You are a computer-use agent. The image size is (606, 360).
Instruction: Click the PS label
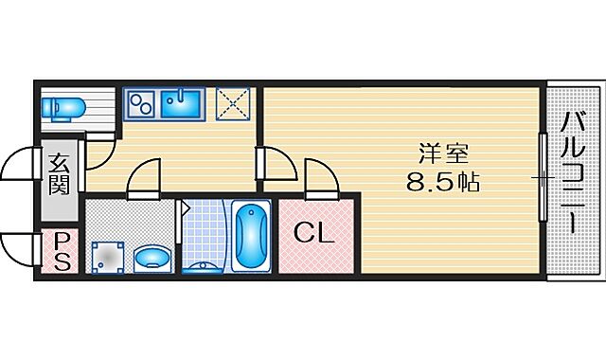pyautogui.click(x=59, y=253)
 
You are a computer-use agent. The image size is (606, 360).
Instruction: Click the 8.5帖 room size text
pyautogui.click(x=443, y=182)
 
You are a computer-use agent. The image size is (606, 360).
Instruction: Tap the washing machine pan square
pyautogui.click(x=108, y=255)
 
